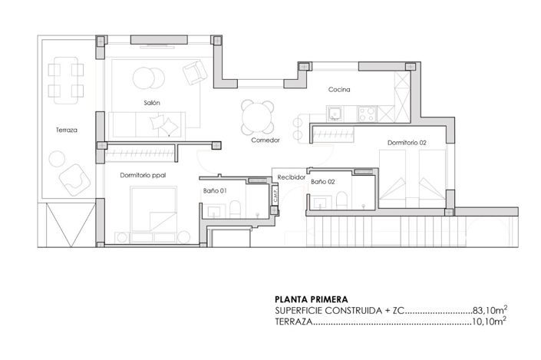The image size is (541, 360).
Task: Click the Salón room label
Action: point(150,102)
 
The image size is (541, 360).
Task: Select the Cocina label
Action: point(339,90)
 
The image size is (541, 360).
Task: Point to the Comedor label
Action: point(265,140)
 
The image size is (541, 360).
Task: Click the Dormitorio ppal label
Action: point(143,175)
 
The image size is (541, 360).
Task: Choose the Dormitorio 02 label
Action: point(406,143)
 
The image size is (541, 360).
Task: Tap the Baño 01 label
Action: point(214,190)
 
